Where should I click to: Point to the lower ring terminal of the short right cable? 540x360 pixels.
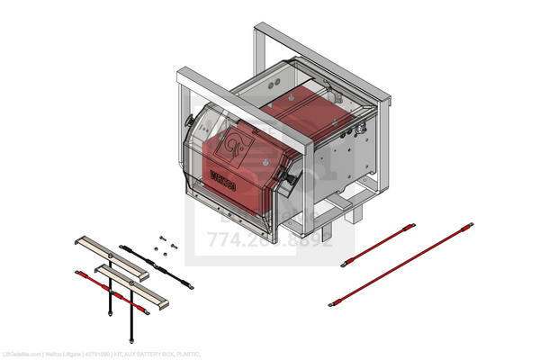(343, 265)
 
